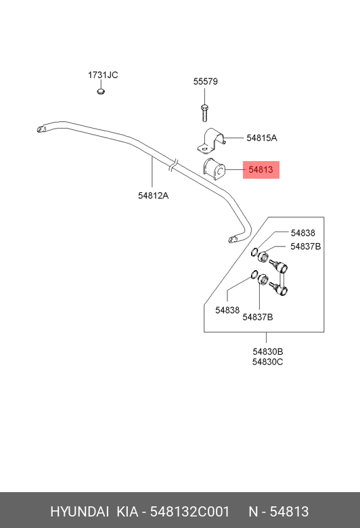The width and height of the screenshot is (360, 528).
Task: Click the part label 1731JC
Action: coord(103,74)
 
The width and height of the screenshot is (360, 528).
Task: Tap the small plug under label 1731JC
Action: coord(101,91)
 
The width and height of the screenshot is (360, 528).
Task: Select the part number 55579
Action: coord(206,81)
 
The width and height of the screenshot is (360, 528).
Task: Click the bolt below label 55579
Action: coord(204,112)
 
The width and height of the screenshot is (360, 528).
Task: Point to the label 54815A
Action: coord(262,137)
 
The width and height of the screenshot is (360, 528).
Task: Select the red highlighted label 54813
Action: coord(261,169)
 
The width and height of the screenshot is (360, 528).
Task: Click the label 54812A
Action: coord(153,196)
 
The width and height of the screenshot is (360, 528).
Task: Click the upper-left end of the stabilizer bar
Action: coord(40,129)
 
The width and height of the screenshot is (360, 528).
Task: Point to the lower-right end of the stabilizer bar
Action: coord(232,240)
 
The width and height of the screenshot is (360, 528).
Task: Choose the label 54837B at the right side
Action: coord(306,246)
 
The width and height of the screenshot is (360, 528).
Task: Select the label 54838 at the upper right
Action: coord(303,233)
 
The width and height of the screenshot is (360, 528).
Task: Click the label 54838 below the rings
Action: coord(227,310)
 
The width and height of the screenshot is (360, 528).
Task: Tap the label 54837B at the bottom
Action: coord(258,317)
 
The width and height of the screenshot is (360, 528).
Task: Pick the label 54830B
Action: coord(268,351)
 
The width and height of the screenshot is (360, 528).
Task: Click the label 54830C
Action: coord(268,362)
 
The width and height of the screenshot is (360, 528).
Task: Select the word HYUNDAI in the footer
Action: coord(79,512)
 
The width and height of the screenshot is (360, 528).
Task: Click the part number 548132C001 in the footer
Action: coord(189,512)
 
